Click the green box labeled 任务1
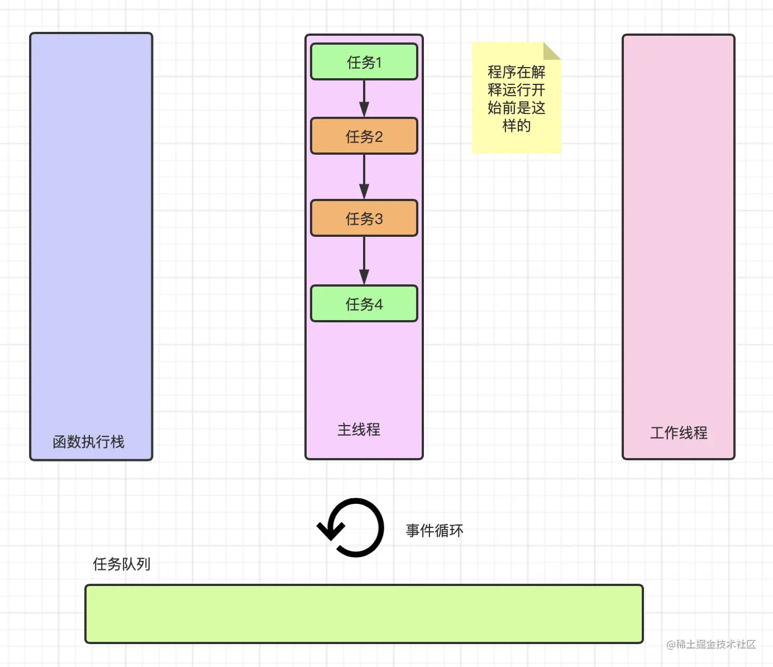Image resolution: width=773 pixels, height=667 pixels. coord(364,62)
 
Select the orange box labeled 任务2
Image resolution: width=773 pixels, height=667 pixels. coord(364,136)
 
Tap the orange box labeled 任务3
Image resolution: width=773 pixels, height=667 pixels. coord(364,218)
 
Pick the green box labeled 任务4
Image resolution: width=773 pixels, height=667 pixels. coord(364,304)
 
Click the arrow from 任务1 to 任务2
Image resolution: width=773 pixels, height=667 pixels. coord(364,99)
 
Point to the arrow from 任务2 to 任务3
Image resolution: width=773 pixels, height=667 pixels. coord(364,177)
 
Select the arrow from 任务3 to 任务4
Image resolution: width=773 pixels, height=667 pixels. coord(364,261)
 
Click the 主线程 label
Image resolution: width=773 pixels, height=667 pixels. coord(359,430)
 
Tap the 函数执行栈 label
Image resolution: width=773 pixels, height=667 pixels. coord(88,442)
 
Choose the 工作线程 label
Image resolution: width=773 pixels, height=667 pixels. coord(679,433)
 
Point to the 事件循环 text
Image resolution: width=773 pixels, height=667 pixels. coord(435,530)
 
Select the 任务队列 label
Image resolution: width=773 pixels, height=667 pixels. coord(121,564)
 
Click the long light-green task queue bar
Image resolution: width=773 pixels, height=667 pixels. coord(364,614)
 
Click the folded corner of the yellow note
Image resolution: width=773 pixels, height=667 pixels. coord(551,51)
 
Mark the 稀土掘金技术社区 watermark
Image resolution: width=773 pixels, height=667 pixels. coord(711,644)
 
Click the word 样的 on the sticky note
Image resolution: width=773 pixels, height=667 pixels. coord(517,126)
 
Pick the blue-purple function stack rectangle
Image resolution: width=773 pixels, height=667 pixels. coord(91,235)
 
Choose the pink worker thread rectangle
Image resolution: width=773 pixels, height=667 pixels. coord(679,235)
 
